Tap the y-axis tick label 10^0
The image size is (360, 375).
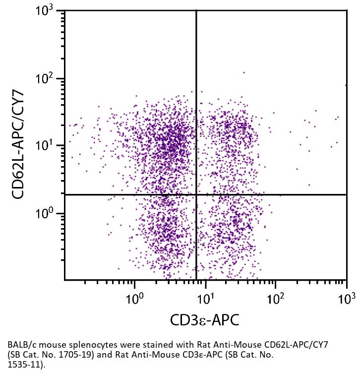(x=48, y=214)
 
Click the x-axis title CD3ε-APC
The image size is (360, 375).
(x=204, y=320)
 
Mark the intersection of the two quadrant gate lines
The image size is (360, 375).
(x=196, y=194)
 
